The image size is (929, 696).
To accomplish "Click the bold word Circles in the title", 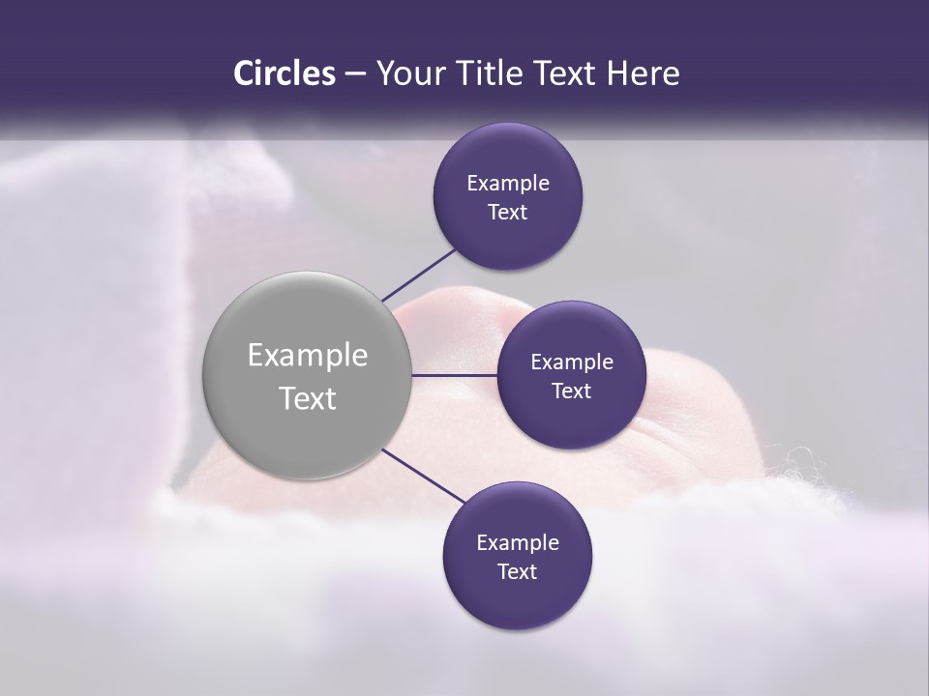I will [285, 73].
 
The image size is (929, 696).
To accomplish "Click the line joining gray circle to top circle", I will [419, 274].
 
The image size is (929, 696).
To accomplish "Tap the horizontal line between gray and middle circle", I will [455, 375].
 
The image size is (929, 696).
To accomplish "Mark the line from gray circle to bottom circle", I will [424, 476].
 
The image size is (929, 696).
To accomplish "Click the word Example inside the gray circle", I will [308, 356].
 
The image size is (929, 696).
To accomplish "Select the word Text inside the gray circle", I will [308, 398].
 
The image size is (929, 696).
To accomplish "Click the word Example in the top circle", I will [508, 183].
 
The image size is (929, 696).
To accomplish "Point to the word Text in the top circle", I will [507, 212].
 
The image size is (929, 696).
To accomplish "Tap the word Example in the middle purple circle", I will [572, 362].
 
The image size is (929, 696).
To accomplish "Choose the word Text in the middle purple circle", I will [571, 391].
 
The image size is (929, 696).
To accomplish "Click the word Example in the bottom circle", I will [518, 542].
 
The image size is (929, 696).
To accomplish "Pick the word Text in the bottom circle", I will [517, 571].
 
